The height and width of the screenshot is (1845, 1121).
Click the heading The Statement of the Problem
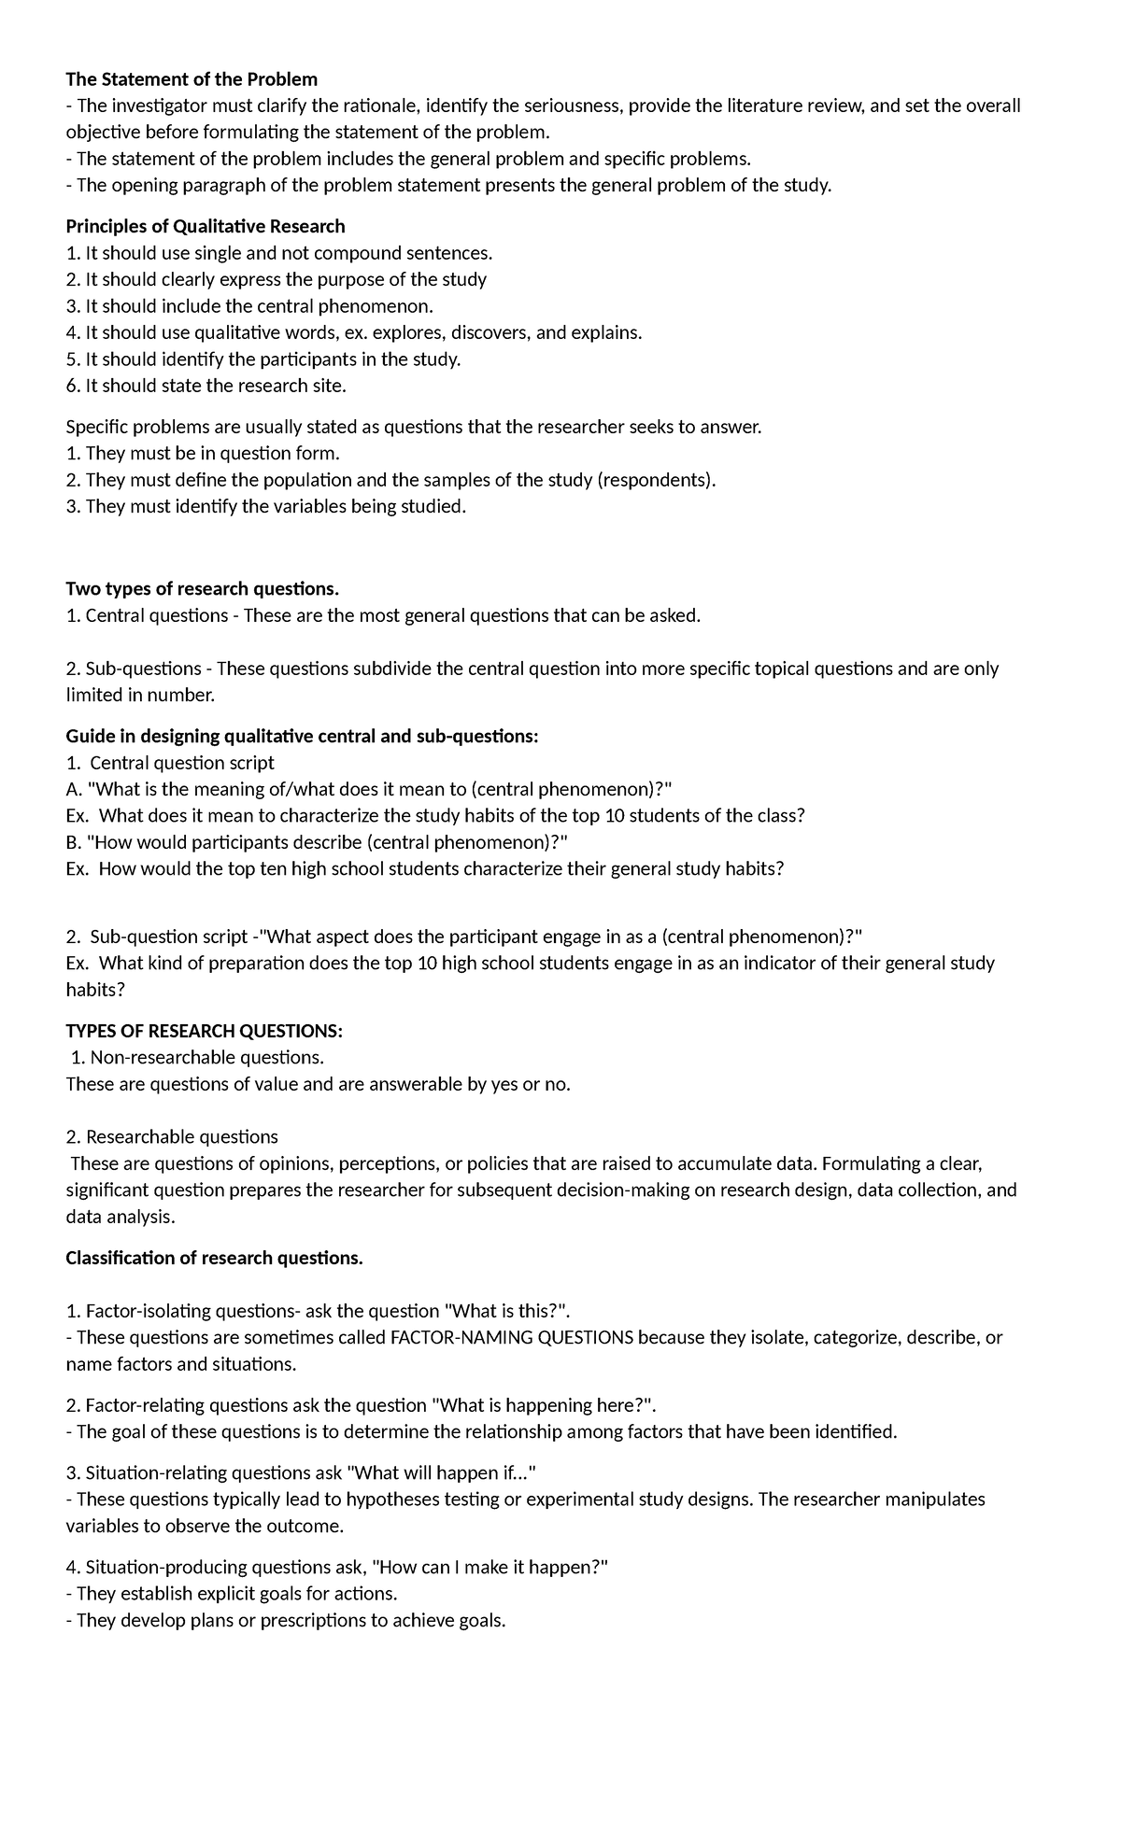192,78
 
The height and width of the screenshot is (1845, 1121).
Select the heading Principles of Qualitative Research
206,226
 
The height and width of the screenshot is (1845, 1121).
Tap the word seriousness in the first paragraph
569,106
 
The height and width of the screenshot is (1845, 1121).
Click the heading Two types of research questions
202,588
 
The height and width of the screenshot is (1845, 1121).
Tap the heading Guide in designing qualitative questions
302,737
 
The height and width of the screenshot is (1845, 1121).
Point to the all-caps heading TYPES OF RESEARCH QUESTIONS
204,1031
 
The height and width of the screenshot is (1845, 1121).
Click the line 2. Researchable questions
172,1136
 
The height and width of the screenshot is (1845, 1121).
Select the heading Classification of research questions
214,1258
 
